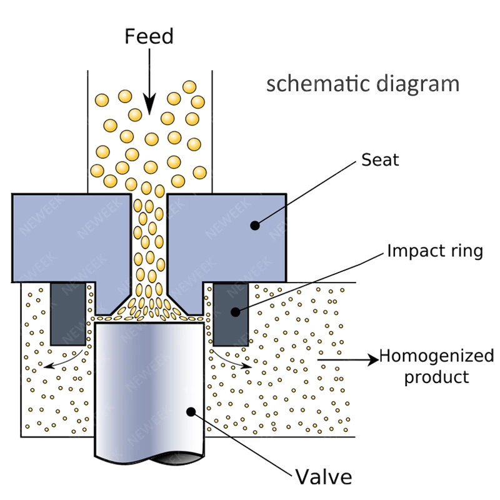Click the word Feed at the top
pos(149,36)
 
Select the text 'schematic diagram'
pos(362,84)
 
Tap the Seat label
pos(380,160)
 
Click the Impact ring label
pos(435,251)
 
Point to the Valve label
pos(323,477)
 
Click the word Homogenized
pos(436,357)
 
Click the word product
pos(436,377)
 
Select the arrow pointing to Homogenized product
pos(347,359)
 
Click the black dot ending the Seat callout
pos(254,225)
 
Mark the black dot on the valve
pos(192,411)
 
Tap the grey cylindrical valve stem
pos(150,387)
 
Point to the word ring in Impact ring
pos(465,252)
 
